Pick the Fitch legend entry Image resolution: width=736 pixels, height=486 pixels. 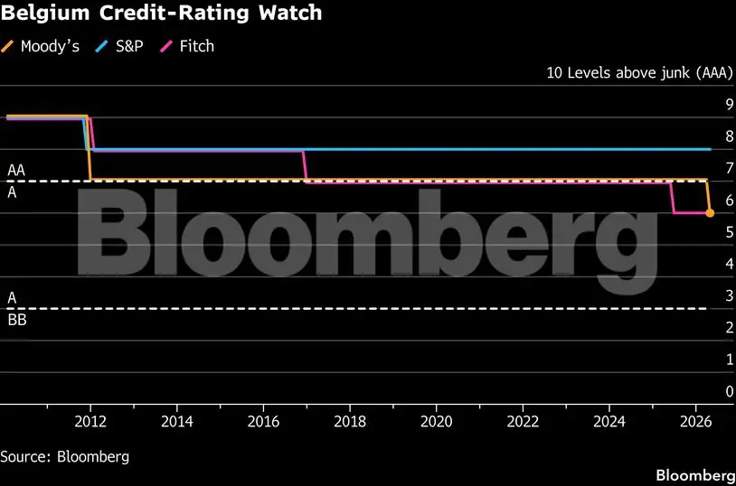pos(194,45)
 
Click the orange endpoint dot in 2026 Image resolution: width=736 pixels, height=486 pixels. pos(710,213)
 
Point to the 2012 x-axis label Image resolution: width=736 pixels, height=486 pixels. pos(90,421)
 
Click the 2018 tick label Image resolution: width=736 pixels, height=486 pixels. pos(350,421)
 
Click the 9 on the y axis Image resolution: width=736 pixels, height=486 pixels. pos(730,104)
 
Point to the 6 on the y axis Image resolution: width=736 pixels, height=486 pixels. pos(730,200)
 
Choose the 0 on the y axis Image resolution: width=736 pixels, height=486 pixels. pos(730,391)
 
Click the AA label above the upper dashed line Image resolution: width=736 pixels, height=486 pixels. pos(16,170)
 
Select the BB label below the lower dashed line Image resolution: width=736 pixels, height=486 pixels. pos(16,319)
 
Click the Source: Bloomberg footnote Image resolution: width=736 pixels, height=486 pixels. pos(65,456)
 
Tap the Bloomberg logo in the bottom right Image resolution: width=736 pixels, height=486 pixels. pos(694,474)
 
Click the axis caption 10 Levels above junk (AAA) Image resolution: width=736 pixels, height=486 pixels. pos(639,73)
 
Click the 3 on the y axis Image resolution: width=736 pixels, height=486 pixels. pos(730,295)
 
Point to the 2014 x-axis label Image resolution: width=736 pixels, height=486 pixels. pos(177,421)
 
